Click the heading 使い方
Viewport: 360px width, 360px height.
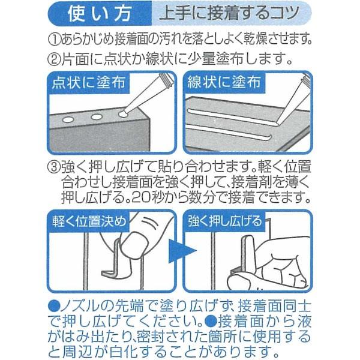click(100, 14)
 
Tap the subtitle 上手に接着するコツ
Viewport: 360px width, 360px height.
click(230, 14)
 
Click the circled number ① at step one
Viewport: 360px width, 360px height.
click(54, 40)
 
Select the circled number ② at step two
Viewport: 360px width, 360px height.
click(54, 59)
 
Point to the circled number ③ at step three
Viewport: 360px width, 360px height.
click(54, 167)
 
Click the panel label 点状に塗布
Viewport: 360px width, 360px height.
click(89, 83)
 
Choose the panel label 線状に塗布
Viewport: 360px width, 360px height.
click(224, 82)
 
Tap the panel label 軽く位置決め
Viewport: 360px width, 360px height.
click(89, 221)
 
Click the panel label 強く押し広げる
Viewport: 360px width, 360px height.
click(225, 221)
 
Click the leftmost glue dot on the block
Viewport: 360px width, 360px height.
click(68, 119)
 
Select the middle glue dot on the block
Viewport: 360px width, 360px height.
click(97, 117)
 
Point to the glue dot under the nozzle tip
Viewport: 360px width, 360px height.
click(123, 114)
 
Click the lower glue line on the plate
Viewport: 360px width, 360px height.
click(229, 132)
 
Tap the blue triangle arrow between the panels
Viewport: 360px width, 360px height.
click(181, 251)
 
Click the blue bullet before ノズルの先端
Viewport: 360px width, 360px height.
click(54, 307)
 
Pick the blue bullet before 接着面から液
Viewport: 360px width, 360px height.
click(211, 322)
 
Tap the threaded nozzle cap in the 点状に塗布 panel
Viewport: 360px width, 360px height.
click(166, 81)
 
